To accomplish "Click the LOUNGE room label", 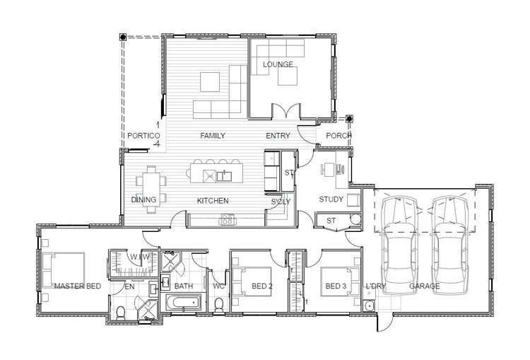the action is point(278,64).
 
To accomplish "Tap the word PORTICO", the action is point(143,136).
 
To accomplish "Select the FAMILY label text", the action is point(212,136).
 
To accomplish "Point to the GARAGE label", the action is point(425,286).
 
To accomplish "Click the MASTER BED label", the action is point(78,286).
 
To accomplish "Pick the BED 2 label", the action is point(262,286).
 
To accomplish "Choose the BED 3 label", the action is point(336,286).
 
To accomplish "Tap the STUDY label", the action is point(331,199).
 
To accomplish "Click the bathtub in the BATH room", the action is point(184,302).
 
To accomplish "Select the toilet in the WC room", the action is point(219,305).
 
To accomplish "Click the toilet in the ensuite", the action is point(120,313).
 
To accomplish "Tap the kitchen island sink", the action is point(224,176).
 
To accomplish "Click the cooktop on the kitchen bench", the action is point(227,220).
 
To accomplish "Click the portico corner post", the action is point(123,37).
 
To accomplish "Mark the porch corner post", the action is point(350,119).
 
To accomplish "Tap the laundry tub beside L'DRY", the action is point(369,306).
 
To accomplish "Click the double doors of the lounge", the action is point(286,112).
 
